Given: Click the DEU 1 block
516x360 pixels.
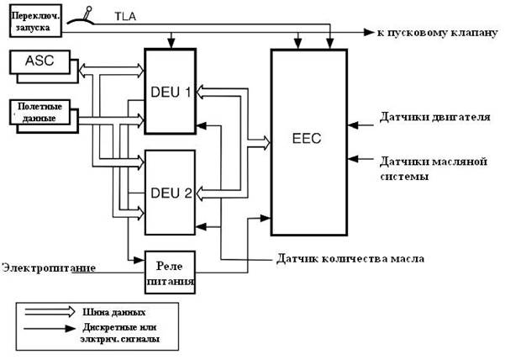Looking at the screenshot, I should point(170,90).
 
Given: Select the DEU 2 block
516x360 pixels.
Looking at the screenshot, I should point(170,193).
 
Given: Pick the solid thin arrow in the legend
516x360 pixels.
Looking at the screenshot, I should point(49,331).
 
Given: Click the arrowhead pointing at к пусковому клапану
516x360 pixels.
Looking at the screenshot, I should point(369,32).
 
